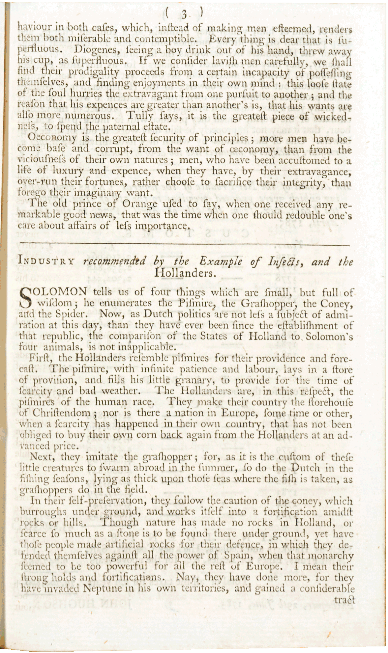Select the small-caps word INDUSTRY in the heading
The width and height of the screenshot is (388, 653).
[46, 262]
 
